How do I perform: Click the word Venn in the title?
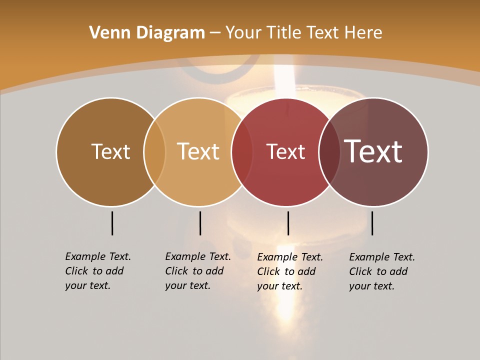coord(106,33)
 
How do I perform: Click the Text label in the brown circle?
coord(110,151)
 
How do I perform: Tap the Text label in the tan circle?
coord(198,151)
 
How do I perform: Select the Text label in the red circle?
coord(285,152)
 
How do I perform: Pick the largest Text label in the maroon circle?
coord(373,151)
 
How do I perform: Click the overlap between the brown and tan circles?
coord(154,152)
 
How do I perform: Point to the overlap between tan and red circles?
coord(242,152)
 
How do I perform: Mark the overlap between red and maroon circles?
coord(329,152)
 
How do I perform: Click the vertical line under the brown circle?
coord(112,223)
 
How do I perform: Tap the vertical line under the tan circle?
coord(200,223)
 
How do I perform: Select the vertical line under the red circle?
coord(288,223)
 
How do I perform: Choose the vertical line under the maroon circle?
coord(372,223)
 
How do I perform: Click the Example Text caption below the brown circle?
coord(98,256)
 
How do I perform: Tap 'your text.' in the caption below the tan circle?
coord(187,286)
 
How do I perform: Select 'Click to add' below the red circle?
coord(286,271)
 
